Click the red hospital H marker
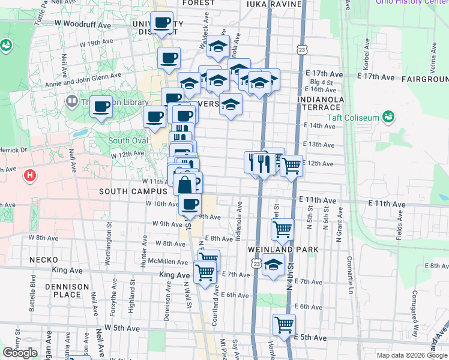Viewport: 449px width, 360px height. click(28, 176)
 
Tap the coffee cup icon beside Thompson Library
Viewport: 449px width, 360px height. click(101, 107)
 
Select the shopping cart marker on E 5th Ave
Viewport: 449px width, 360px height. click(284, 325)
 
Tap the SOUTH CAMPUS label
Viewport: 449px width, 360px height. click(133, 191)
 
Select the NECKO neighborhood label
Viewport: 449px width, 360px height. click(44, 260)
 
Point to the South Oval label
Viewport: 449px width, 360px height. click(124, 141)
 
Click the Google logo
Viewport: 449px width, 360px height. click(20, 353)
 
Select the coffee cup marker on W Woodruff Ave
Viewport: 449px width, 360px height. click(161, 24)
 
